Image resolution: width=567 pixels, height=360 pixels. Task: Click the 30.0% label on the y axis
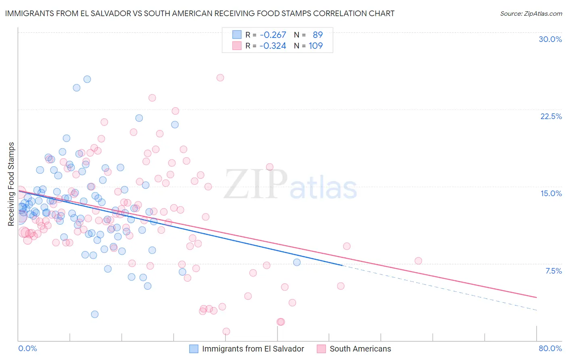(550, 39)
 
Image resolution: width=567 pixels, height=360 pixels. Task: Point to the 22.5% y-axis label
(551, 116)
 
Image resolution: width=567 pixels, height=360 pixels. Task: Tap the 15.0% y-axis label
(551, 193)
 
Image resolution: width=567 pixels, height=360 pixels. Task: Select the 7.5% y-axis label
(553, 271)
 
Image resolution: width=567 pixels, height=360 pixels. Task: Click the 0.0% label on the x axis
(27, 348)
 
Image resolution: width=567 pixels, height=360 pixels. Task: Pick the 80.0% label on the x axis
(550, 348)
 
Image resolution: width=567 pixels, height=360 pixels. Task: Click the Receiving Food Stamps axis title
(11, 184)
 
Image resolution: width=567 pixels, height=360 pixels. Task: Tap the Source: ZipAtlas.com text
(531, 13)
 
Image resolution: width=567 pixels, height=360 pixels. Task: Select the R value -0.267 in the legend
(273, 35)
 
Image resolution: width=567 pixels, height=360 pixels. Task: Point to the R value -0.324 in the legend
(273, 46)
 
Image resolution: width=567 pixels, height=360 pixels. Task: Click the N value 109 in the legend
(315, 46)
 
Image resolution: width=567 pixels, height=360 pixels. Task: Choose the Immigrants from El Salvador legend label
(253, 349)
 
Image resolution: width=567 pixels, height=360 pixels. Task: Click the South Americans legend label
(360, 349)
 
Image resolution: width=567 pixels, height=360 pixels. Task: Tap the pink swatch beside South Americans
(321, 349)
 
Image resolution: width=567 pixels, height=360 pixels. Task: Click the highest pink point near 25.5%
(220, 77)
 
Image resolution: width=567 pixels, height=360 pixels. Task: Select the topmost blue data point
(87, 79)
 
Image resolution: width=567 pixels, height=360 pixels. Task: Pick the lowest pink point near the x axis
(226, 331)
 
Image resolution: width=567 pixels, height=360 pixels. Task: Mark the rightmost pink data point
(418, 261)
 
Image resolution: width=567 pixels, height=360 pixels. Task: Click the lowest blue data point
(95, 314)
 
